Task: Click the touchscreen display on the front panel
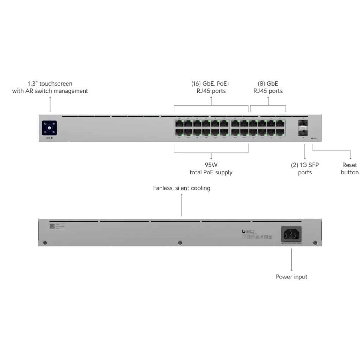[x=49, y=128]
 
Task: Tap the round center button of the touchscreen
[x=49, y=128]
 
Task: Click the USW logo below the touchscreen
[x=49, y=138]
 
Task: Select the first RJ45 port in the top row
[x=179, y=123]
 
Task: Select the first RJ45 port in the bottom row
[x=179, y=132]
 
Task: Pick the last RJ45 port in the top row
[x=281, y=123]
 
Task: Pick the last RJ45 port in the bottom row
[x=281, y=132]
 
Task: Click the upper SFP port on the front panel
[x=302, y=123]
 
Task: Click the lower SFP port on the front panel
[x=302, y=132]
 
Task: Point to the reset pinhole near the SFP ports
[x=313, y=139]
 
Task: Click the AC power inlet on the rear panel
[x=291, y=233]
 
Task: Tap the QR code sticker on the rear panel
[x=52, y=226]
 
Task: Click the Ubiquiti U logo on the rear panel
[x=244, y=231]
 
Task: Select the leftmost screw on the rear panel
[x=45, y=243]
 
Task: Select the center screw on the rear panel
[x=180, y=243]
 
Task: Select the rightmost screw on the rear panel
[x=315, y=243]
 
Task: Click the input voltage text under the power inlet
[x=291, y=243]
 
